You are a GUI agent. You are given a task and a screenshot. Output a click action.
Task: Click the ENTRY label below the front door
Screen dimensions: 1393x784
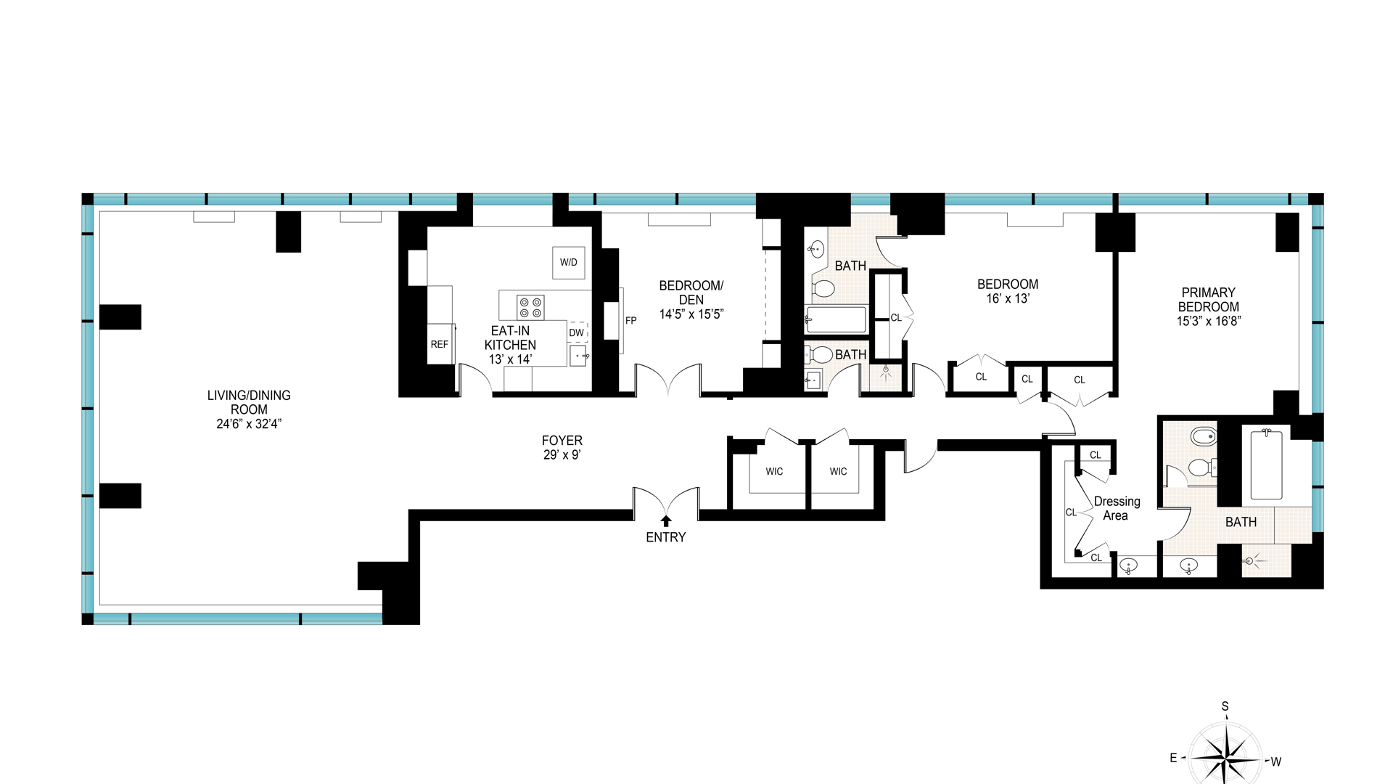pos(665,537)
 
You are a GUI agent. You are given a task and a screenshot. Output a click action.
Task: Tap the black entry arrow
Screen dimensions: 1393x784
pos(666,520)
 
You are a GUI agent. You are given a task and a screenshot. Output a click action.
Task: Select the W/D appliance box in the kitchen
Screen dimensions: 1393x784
pos(569,262)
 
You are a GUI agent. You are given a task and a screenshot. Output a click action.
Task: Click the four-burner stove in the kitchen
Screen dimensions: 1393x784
pos(530,307)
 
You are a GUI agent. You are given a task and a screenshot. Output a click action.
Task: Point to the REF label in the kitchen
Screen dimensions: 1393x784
pos(440,344)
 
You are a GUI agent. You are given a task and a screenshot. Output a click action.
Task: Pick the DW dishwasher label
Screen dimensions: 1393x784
pos(577,332)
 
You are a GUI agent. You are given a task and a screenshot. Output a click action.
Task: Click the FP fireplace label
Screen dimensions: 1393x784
pos(631,320)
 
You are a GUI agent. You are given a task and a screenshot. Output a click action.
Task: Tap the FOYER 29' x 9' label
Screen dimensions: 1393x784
pos(562,447)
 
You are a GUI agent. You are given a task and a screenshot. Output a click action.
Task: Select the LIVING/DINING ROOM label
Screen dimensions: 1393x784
pos(249,409)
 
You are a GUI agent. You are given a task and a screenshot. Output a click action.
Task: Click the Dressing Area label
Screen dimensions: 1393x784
pos(1117,508)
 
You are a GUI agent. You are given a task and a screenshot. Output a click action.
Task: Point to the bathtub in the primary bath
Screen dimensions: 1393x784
pos(1266,465)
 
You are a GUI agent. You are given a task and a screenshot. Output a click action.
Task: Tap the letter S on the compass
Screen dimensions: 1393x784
pos(1225,706)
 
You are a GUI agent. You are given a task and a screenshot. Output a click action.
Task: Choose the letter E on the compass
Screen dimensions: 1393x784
pos(1173,758)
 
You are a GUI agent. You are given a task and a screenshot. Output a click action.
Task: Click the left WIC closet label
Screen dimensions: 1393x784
pos(774,472)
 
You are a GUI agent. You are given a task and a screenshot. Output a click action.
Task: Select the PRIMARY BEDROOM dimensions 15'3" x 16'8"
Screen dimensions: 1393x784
pos(1209,321)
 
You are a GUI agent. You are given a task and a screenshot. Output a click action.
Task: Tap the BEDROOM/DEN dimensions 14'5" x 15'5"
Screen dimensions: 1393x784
pos(691,314)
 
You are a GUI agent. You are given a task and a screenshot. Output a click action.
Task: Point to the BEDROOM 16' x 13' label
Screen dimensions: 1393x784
pos(1008,291)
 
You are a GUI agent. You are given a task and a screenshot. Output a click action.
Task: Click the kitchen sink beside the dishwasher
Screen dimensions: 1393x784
pos(578,356)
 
